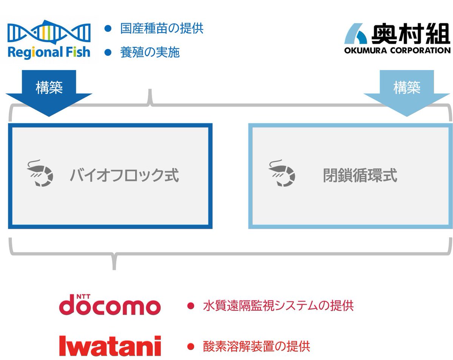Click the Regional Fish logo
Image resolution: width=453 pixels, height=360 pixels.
point(49,40)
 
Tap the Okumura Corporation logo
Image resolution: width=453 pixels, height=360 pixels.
point(397,38)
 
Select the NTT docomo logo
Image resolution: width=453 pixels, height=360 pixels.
point(110,306)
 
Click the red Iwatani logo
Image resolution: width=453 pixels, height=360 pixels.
point(110,345)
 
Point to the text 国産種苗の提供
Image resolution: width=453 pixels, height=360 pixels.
point(162,29)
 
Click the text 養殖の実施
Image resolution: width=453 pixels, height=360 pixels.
point(150,52)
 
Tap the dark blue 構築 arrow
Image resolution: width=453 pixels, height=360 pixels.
point(49,92)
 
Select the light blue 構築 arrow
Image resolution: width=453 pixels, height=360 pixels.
point(407,92)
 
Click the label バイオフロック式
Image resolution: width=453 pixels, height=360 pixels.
point(124,175)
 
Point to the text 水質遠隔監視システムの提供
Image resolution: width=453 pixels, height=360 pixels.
point(278,306)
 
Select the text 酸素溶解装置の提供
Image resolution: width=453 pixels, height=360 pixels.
point(256,346)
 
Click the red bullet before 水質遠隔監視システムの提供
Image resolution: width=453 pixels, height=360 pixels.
point(191,306)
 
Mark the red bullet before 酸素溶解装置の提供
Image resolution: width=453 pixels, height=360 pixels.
point(191,346)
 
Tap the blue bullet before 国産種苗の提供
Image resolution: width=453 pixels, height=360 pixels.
point(108,29)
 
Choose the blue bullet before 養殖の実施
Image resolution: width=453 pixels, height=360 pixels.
point(108,52)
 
